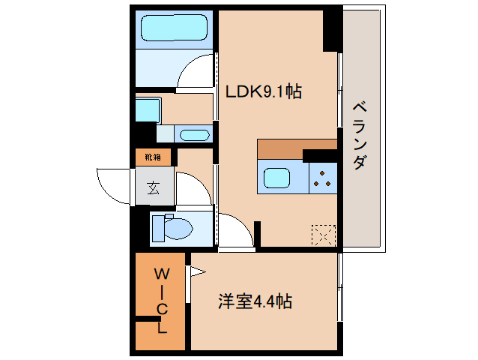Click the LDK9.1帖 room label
tap(264, 91)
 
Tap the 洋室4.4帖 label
tap(255, 301)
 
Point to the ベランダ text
tap(360, 136)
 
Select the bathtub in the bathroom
tap(174, 28)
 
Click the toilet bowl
tap(172, 228)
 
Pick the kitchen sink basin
tap(276, 178)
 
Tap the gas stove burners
tap(322, 178)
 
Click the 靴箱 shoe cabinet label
tap(153, 157)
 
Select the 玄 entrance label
tap(154, 187)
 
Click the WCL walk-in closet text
tap(162, 301)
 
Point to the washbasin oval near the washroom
tap(195, 135)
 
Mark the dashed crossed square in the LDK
tap(324, 235)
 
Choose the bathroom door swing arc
tap(188, 65)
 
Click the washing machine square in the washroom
tap(148, 109)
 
